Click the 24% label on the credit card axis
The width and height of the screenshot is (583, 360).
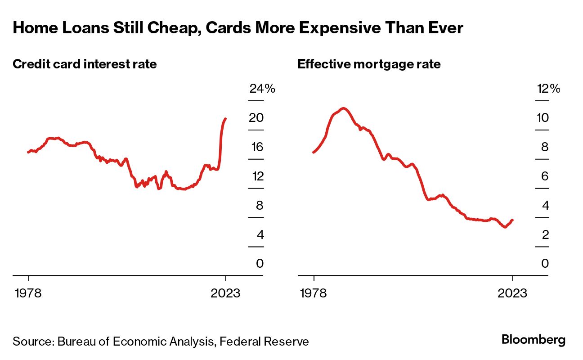[262, 89]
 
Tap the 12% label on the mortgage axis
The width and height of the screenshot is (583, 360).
[548, 89]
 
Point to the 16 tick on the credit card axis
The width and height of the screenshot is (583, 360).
[256, 147]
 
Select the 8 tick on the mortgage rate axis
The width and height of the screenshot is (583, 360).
[545, 147]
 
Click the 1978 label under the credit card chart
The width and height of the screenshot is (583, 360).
[28, 293]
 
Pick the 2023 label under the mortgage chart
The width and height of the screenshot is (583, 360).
[512, 293]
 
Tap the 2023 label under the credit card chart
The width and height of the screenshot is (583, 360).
[226, 293]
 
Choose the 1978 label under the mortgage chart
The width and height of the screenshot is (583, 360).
[314, 293]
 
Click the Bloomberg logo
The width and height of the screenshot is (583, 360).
[534, 340]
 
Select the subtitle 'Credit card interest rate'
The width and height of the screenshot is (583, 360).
[85, 64]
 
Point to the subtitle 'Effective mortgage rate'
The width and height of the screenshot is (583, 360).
[369, 64]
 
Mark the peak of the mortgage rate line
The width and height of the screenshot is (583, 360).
[344, 108]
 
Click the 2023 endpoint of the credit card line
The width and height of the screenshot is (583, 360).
[225, 119]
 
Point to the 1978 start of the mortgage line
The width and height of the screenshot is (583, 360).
[313, 152]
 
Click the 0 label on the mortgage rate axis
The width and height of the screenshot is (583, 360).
[545, 264]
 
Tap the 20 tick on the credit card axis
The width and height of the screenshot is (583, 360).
[256, 118]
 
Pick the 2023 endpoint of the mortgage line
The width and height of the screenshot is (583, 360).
[512, 220]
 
